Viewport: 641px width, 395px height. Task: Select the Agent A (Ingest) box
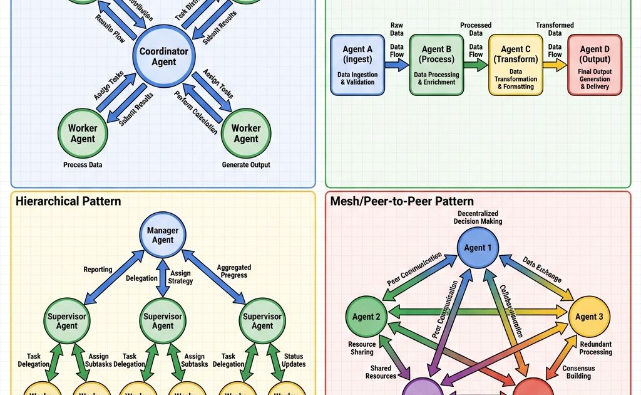[357, 65]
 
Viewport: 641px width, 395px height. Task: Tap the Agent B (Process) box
[436, 65]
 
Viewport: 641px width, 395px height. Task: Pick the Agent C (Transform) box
[515, 65]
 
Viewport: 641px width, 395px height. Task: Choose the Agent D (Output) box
[594, 65]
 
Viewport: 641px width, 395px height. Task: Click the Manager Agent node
[163, 235]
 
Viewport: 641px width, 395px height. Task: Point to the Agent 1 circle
[478, 247]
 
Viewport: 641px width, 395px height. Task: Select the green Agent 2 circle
[366, 317]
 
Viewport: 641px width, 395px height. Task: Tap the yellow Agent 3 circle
[589, 317]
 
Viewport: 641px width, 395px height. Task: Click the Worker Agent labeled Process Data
[83, 133]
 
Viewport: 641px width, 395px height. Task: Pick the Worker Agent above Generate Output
[246, 133]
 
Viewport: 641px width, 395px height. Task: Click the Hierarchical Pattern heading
[68, 201]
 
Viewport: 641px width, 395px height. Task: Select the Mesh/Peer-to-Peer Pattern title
[401, 201]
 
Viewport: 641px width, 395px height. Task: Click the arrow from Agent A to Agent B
[397, 65]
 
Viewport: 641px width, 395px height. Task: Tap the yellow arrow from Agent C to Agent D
[555, 65]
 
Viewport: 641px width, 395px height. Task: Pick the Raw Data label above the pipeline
[396, 28]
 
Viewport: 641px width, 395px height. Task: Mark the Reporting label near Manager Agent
[98, 270]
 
